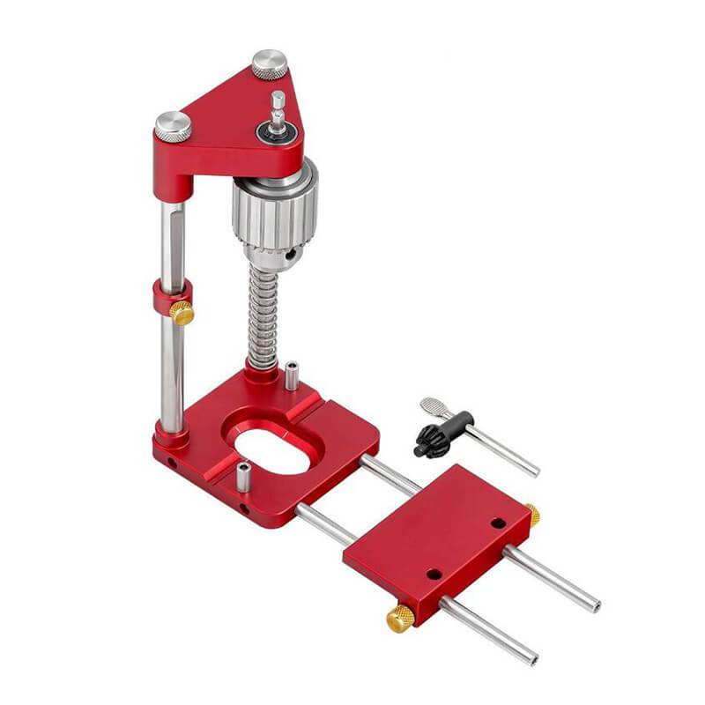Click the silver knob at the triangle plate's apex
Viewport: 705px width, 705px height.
(x=270, y=63)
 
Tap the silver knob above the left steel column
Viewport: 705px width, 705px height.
(x=173, y=126)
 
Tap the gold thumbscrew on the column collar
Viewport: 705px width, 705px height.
(x=182, y=312)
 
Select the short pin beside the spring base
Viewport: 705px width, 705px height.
(x=291, y=374)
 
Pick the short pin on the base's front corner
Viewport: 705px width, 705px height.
(x=243, y=476)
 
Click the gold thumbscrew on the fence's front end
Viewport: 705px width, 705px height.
(x=400, y=619)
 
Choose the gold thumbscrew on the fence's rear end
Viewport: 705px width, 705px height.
(x=532, y=514)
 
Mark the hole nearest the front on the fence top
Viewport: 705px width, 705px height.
(x=434, y=574)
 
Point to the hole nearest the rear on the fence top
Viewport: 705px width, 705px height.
(x=498, y=523)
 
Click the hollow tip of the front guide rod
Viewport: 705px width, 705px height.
(x=532, y=658)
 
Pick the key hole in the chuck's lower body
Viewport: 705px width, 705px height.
(x=287, y=256)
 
